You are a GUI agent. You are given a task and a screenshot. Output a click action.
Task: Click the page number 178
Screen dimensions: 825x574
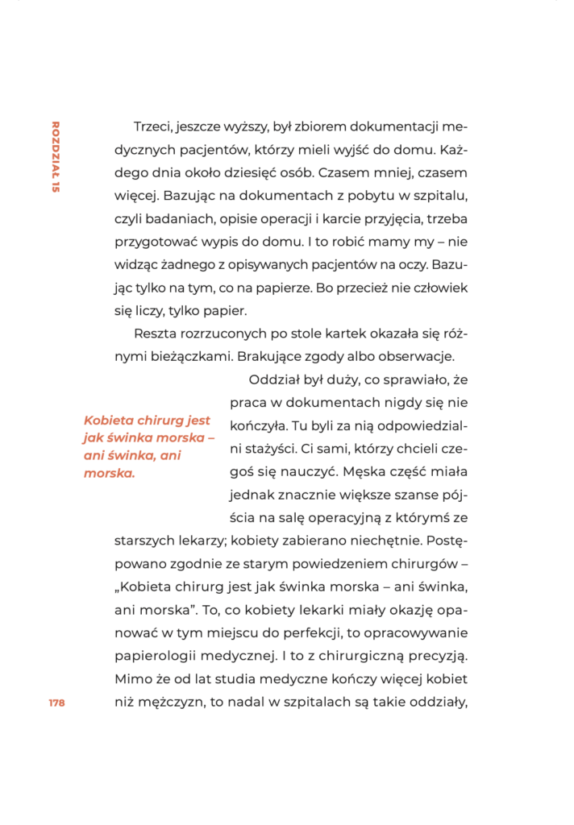tap(56, 703)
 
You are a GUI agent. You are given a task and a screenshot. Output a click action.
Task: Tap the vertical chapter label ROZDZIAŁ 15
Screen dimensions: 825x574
tap(56, 157)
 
